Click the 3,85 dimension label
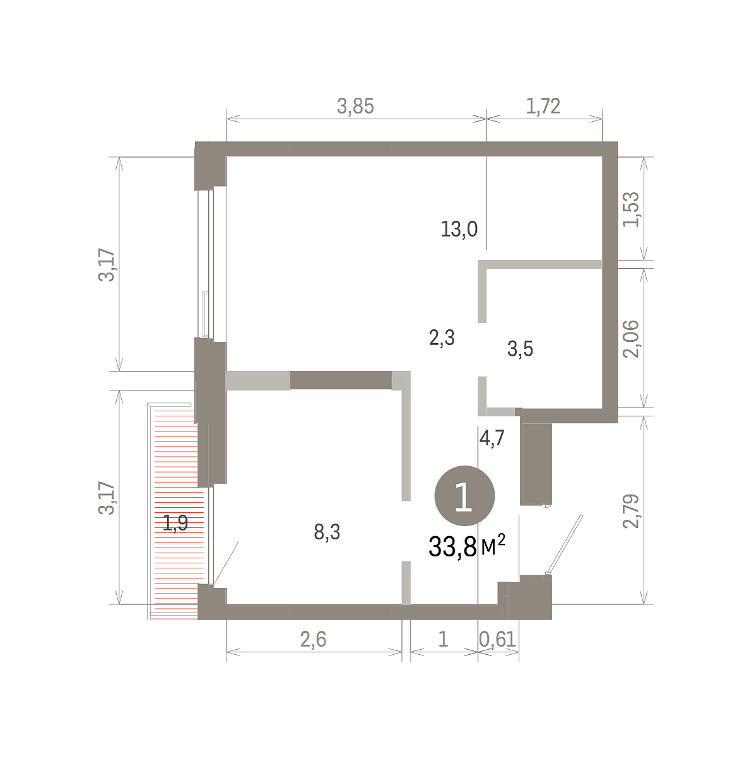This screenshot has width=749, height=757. click(x=355, y=106)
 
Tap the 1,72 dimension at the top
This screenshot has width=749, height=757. click(x=543, y=106)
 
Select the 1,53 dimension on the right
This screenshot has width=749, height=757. click(x=630, y=209)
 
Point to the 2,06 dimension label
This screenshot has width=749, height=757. click(x=630, y=339)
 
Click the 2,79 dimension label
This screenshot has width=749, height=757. click(x=630, y=511)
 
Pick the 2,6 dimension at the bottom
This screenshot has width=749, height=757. click(x=313, y=639)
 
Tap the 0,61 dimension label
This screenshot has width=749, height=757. click(x=497, y=639)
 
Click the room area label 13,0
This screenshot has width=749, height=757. click(x=459, y=229)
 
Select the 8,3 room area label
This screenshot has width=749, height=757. click(x=327, y=532)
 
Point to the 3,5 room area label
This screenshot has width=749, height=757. click(x=519, y=348)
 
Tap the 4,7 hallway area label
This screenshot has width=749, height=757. click(x=491, y=438)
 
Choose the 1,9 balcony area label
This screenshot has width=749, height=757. click(x=175, y=523)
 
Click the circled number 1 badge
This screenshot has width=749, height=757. click(x=464, y=495)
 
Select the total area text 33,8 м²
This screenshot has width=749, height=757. click(x=466, y=546)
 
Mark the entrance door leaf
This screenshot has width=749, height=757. click(x=565, y=545)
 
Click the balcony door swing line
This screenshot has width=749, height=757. click(x=225, y=563)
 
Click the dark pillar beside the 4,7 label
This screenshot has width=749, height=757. click(x=536, y=464)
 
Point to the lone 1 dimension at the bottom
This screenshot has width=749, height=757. click(x=443, y=640)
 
